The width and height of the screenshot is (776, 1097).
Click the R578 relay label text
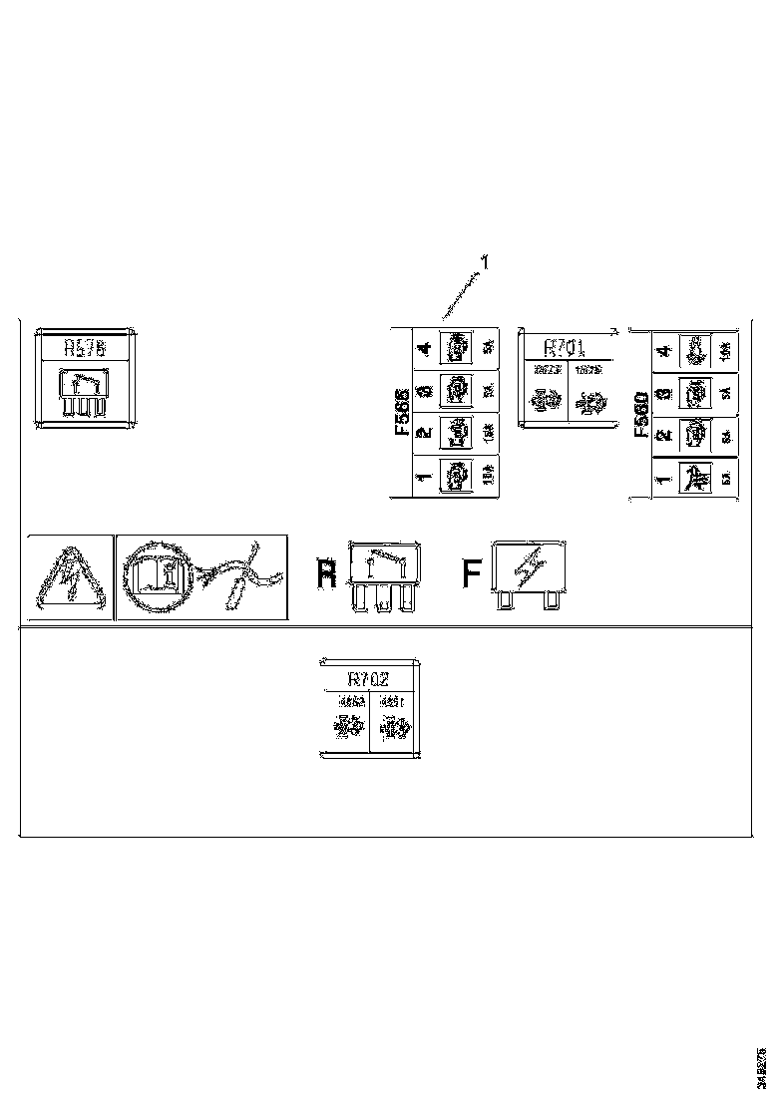coord(84,348)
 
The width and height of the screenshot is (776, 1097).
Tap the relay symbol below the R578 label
coord(84,393)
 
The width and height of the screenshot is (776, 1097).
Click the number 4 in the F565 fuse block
coord(425,349)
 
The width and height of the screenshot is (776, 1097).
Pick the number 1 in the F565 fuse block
coord(425,478)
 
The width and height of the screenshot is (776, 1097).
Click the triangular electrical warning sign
coord(67,579)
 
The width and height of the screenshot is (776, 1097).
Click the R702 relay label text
coord(367,679)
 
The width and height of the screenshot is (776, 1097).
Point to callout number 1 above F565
coord(485,262)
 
